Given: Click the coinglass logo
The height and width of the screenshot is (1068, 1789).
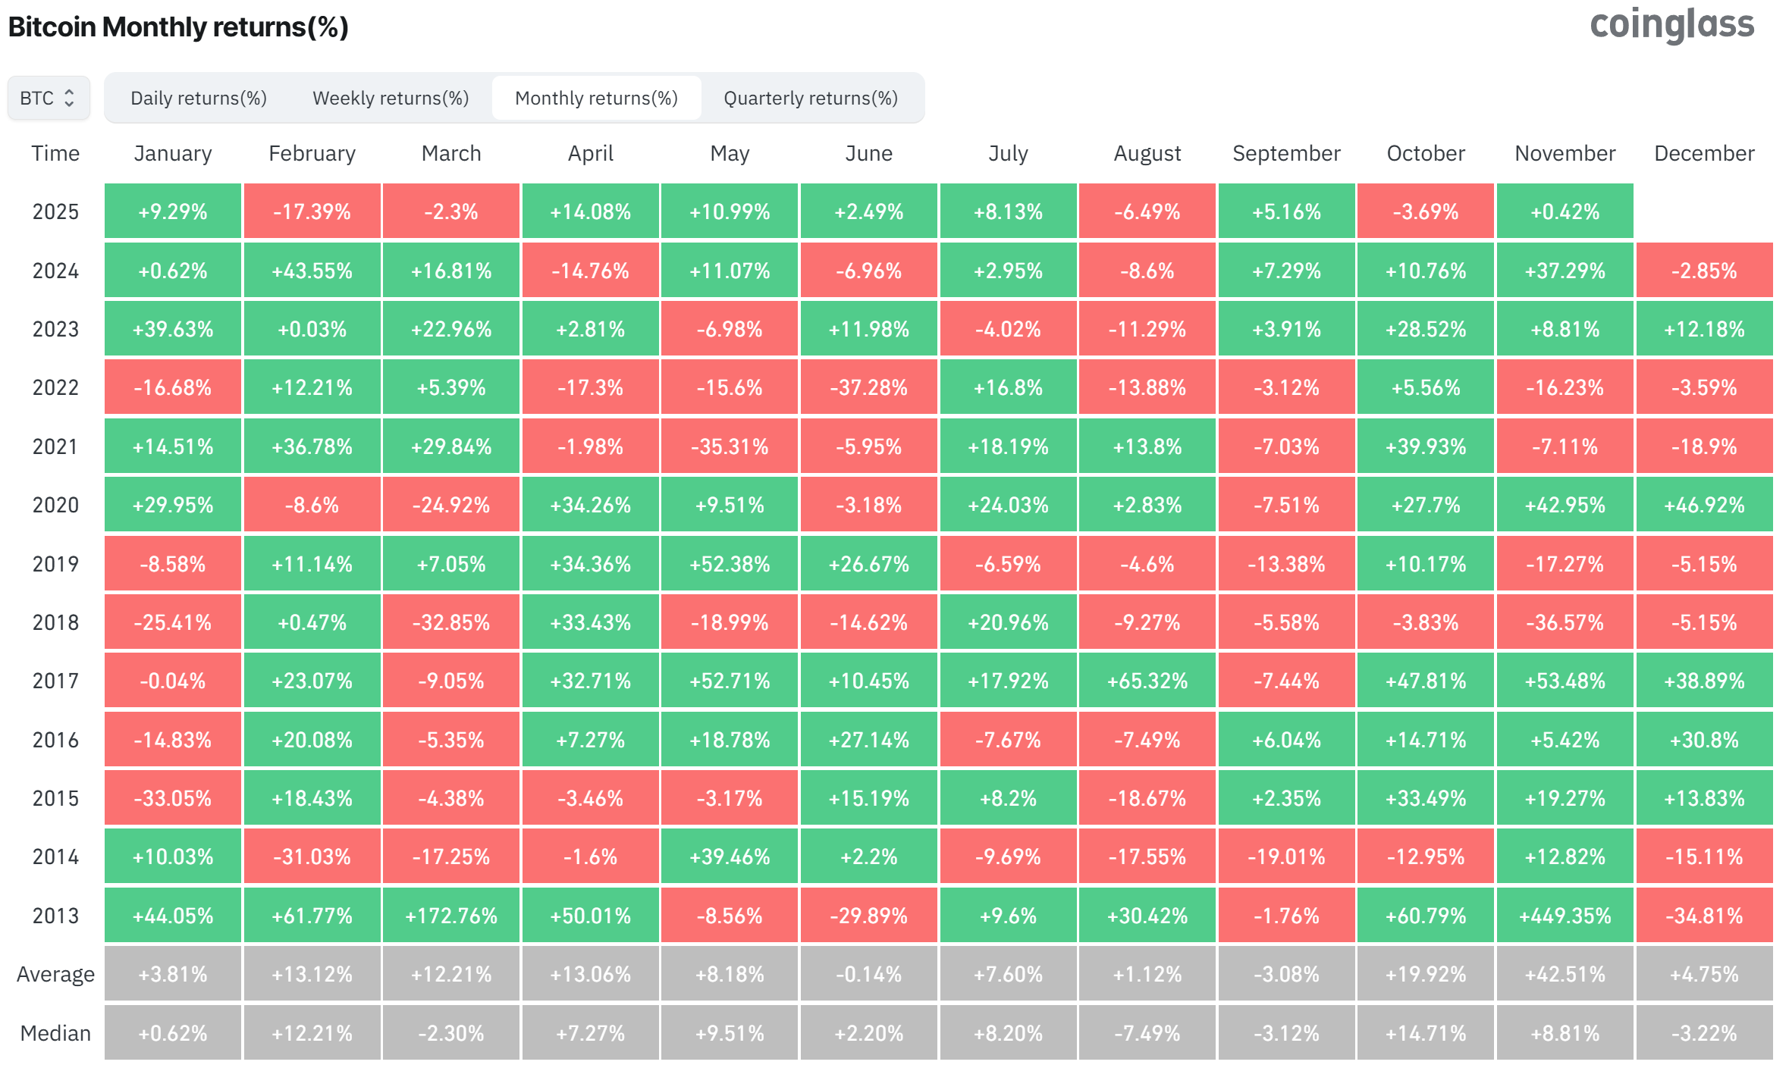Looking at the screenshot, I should click(1671, 24).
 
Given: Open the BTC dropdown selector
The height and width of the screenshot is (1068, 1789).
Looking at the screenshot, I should click(49, 99).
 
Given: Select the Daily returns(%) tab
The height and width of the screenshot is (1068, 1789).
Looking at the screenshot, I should click(199, 99).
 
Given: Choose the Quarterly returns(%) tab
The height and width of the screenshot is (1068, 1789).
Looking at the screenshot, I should click(811, 99).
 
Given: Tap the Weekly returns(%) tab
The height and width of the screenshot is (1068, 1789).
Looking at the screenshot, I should click(391, 99).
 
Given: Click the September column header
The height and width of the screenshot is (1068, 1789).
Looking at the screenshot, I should click(1286, 154).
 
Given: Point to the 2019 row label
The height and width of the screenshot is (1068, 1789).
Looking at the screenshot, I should click(55, 564).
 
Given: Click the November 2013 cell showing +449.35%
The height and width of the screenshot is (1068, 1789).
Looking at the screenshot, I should click(1565, 916).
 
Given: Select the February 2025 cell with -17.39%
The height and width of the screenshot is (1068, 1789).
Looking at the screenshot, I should click(312, 211).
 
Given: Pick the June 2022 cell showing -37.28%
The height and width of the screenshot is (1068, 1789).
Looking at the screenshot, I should click(868, 388).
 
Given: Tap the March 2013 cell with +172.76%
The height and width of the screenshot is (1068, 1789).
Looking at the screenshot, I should click(451, 916).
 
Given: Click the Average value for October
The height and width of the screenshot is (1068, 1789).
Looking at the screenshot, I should click(1426, 974).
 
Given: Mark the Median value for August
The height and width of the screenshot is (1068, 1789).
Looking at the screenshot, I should click(1147, 1033).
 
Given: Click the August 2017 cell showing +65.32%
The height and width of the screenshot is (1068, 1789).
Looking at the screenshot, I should click(1147, 681).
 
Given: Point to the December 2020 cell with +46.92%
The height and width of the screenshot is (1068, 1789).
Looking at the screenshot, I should click(1704, 505).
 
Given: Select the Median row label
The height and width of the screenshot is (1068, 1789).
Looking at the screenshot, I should click(55, 1033).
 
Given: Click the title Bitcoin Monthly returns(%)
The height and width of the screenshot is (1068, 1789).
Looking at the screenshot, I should click(178, 27).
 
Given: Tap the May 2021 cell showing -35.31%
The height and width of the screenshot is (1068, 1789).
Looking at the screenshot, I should click(729, 446).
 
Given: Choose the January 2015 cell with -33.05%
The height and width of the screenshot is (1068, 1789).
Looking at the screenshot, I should click(173, 798).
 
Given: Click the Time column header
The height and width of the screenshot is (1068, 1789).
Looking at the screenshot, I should click(55, 154).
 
